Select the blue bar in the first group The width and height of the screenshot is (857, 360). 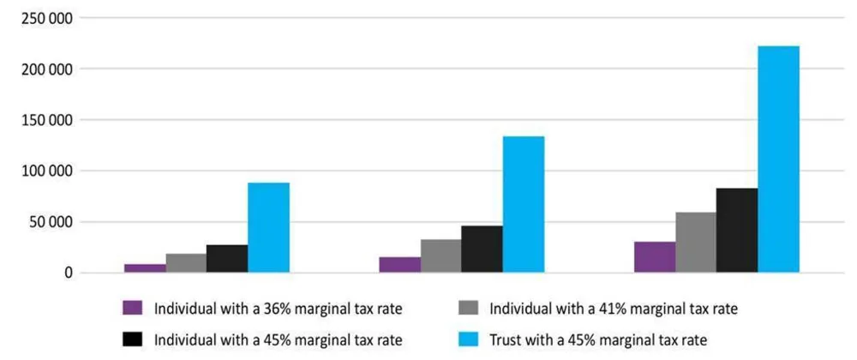click(268, 228)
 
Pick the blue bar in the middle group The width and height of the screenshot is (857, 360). click(523, 205)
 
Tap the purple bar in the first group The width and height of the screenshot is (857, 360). click(145, 268)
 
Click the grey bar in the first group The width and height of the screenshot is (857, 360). click(186, 263)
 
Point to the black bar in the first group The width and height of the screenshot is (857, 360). click(227, 259)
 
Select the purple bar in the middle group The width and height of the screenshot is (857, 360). click(399, 265)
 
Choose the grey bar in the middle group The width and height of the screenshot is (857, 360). click(440, 256)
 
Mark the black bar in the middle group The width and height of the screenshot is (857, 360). click(482, 249)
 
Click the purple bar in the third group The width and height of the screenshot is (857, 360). click(655, 257)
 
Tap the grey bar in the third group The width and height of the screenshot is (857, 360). click(696, 243)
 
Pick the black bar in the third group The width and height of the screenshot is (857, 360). click(737, 231)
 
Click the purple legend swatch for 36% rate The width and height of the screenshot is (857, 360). click(131, 308)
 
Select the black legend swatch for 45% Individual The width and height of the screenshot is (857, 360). click(131, 339)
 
